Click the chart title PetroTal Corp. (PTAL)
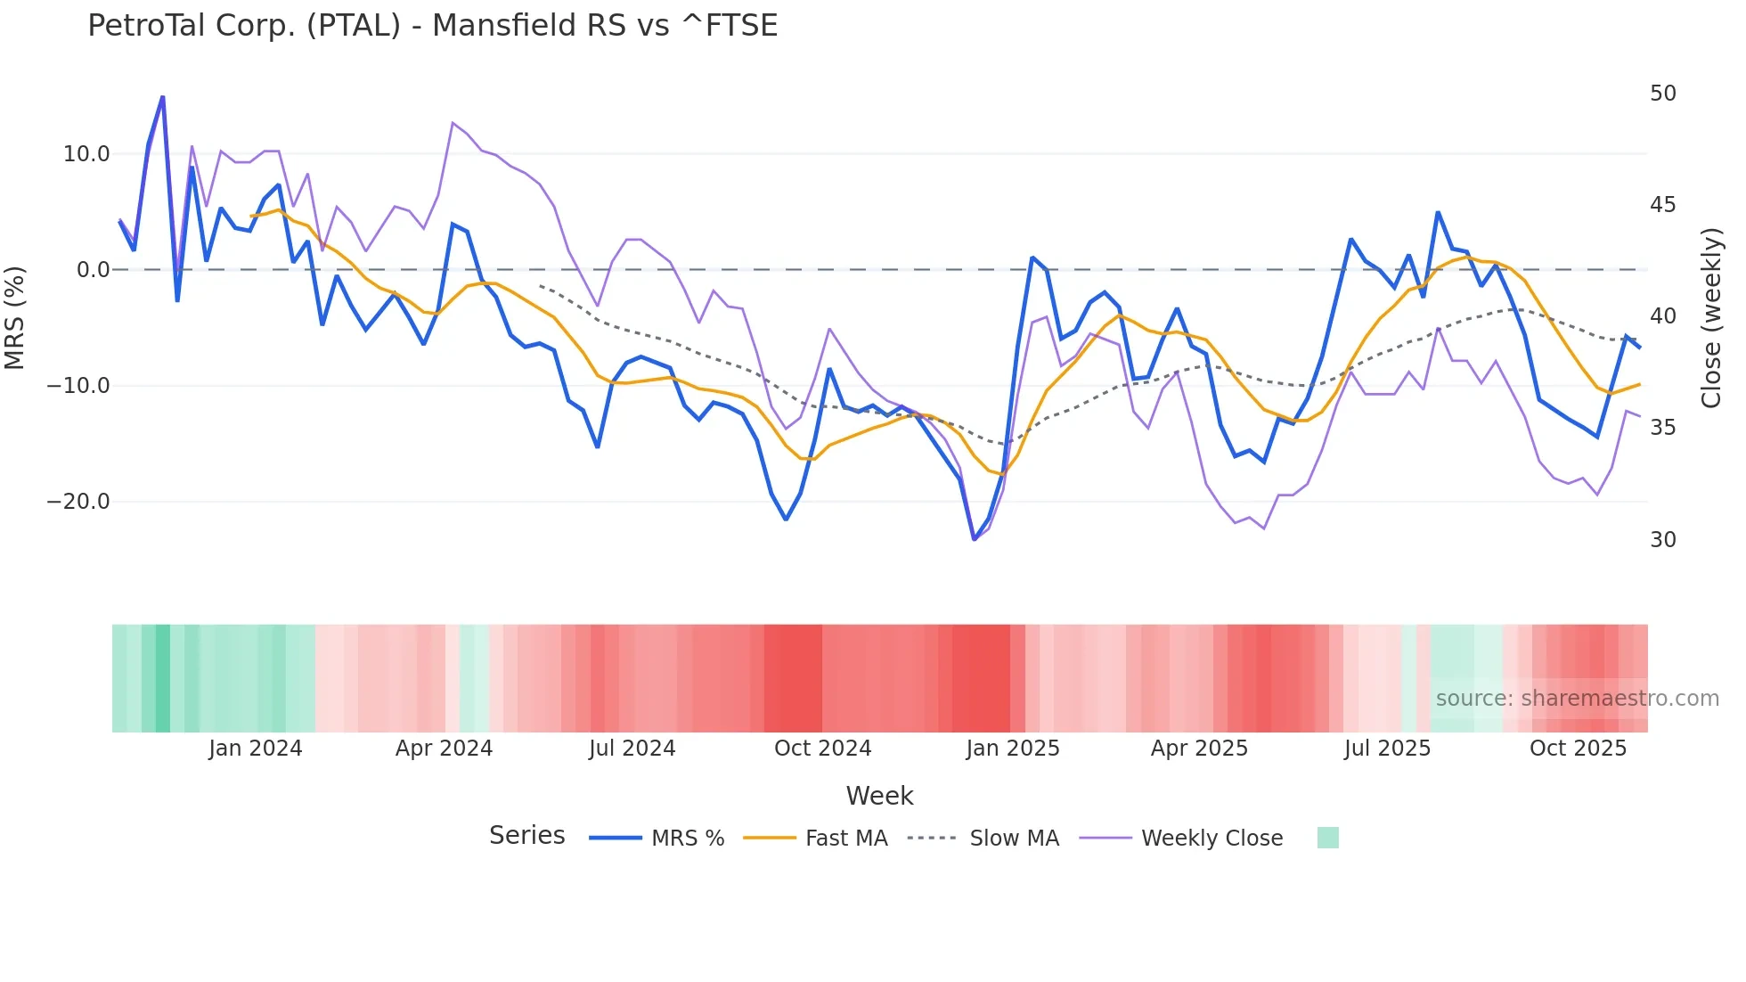(x=432, y=26)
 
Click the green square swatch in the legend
(x=1327, y=838)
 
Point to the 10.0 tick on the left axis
(x=86, y=154)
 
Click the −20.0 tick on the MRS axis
(x=78, y=502)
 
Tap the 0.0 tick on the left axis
(x=94, y=270)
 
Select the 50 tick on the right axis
(x=1662, y=94)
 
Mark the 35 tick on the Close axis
(x=1662, y=428)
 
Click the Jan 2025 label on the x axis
(x=1013, y=749)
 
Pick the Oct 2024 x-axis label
(x=822, y=749)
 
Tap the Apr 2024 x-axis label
(x=444, y=749)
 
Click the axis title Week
(x=879, y=796)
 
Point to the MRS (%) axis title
(x=14, y=317)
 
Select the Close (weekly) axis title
(x=1711, y=317)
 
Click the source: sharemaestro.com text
(x=1577, y=699)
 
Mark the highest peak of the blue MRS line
(x=162, y=96)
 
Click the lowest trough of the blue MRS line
(x=975, y=539)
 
